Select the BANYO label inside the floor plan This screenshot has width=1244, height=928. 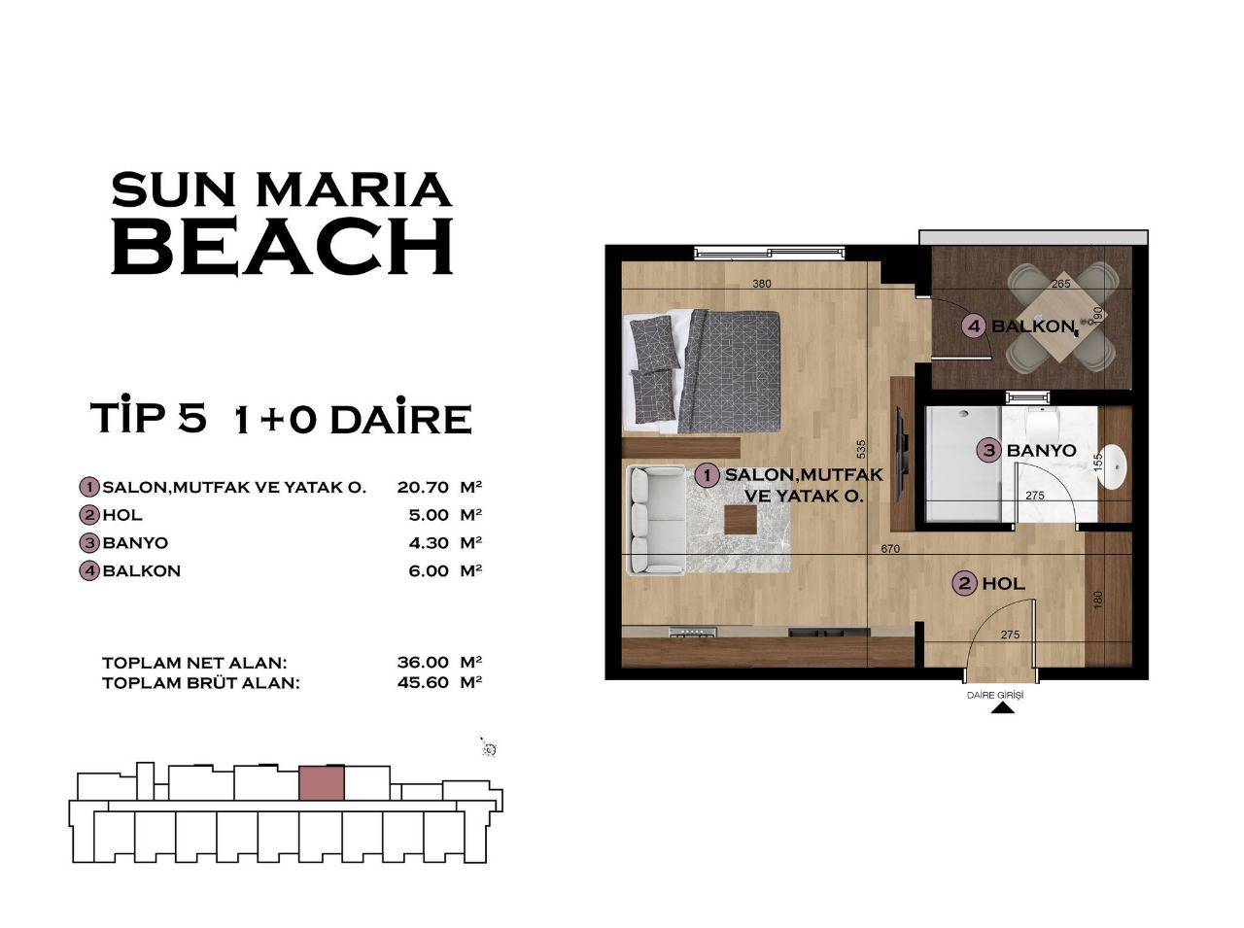(1041, 450)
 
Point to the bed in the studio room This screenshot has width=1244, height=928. (705, 371)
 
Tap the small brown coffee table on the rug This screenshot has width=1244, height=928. (741, 522)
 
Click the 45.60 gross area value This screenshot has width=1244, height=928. (423, 682)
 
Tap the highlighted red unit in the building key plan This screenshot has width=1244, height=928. (322, 783)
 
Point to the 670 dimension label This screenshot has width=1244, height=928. (890, 549)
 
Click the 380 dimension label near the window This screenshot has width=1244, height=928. (761, 285)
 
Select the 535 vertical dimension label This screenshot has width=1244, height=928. (860, 449)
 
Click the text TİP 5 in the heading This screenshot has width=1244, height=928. (148, 418)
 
